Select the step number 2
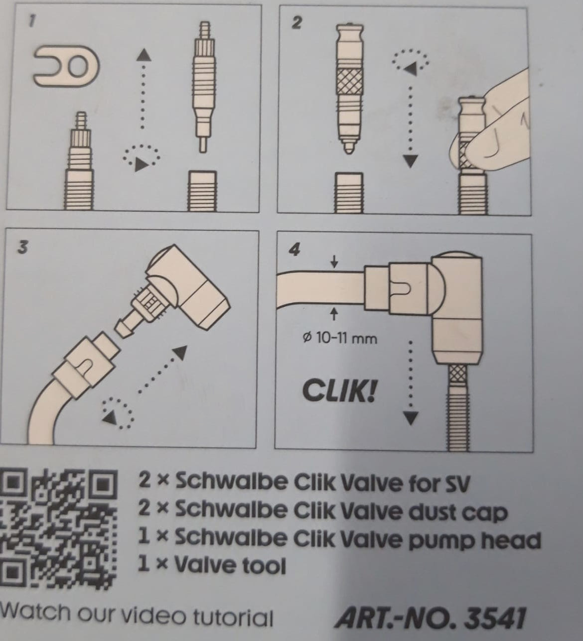296,23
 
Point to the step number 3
22,249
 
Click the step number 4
294,250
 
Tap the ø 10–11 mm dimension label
340,338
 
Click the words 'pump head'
474,540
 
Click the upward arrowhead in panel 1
144,55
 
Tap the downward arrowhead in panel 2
411,161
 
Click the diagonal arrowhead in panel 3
180,353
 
